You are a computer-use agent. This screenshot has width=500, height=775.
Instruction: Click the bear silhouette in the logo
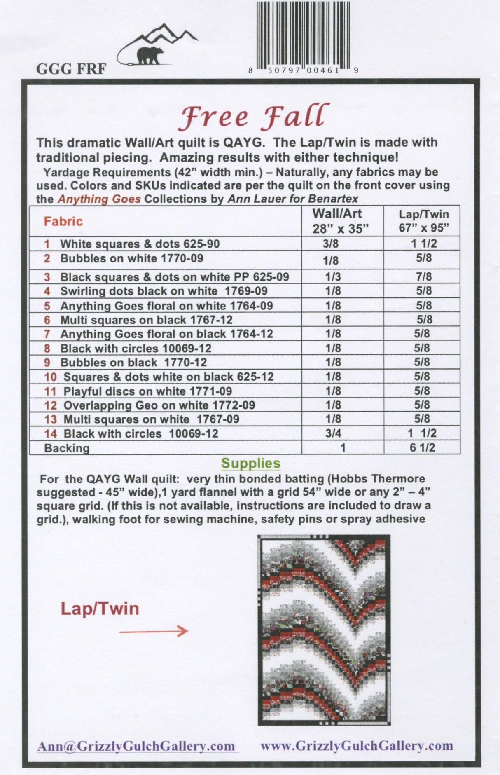tap(149, 55)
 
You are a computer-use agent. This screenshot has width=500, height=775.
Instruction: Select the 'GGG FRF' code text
tap(71, 69)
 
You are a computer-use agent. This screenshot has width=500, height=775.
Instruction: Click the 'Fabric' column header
tap(63, 221)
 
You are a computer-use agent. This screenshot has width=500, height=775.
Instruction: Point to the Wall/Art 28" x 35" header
tap(337, 221)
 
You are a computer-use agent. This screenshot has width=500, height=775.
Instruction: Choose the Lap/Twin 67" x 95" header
tap(423, 221)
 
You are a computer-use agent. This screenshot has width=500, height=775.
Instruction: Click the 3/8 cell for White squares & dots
tap(331, 244)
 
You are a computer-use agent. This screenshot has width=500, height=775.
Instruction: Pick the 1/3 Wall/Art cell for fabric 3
tap(333, 277)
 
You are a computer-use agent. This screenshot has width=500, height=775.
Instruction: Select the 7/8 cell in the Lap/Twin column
tap(423, 276)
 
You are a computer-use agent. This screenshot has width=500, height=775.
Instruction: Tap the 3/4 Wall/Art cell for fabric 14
tap(333, 433)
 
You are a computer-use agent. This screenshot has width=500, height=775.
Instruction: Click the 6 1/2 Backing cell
tap(422, 447)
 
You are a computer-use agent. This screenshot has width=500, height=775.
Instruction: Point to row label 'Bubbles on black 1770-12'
tap(133, 363)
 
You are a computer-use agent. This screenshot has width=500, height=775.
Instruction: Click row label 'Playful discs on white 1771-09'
tap(147, 391)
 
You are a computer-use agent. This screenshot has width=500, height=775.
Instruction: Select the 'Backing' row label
tap(67, 448)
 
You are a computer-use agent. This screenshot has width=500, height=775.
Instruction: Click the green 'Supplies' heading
tap(250, 463)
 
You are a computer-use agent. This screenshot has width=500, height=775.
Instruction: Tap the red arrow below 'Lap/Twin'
tap(154, 631)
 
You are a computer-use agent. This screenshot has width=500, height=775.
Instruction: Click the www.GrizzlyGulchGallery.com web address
tap(357, 746)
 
